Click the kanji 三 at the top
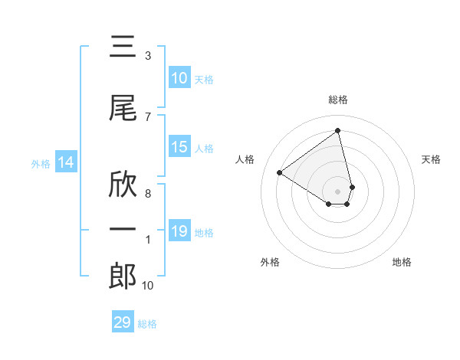point(123,47)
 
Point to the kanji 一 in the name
point(123,229)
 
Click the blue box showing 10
point(179,78)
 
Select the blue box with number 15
point(179,147)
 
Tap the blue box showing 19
point(179,231)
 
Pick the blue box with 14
point(65,162)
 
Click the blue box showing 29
point(123,322)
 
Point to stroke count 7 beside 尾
point(148,117)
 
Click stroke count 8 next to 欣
point(148,194)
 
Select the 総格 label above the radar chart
point(338,100)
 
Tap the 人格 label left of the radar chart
point(245,159)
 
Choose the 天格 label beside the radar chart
point(432,159)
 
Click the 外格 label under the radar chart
point(270,262)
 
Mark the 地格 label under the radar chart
point(402,262)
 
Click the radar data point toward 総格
point(338,131)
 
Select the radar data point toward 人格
point(280,173)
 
